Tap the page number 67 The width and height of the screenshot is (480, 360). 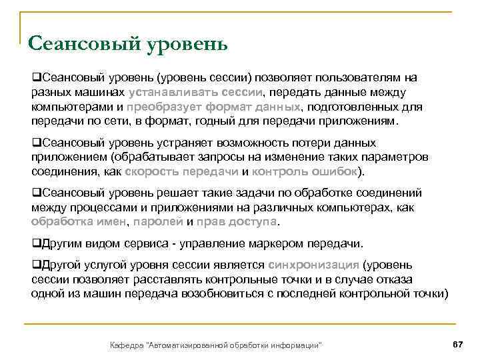(457, 343)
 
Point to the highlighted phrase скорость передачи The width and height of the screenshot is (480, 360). (180, 171)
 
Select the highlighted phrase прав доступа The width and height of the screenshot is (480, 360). (237, 221)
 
